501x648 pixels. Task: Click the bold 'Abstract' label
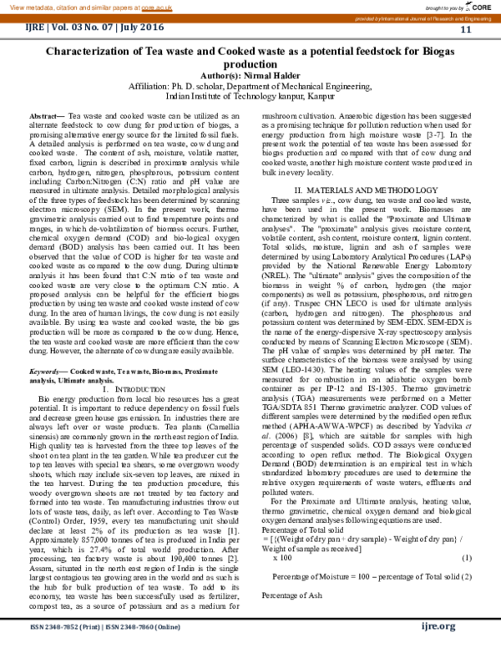tap(46, 115)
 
